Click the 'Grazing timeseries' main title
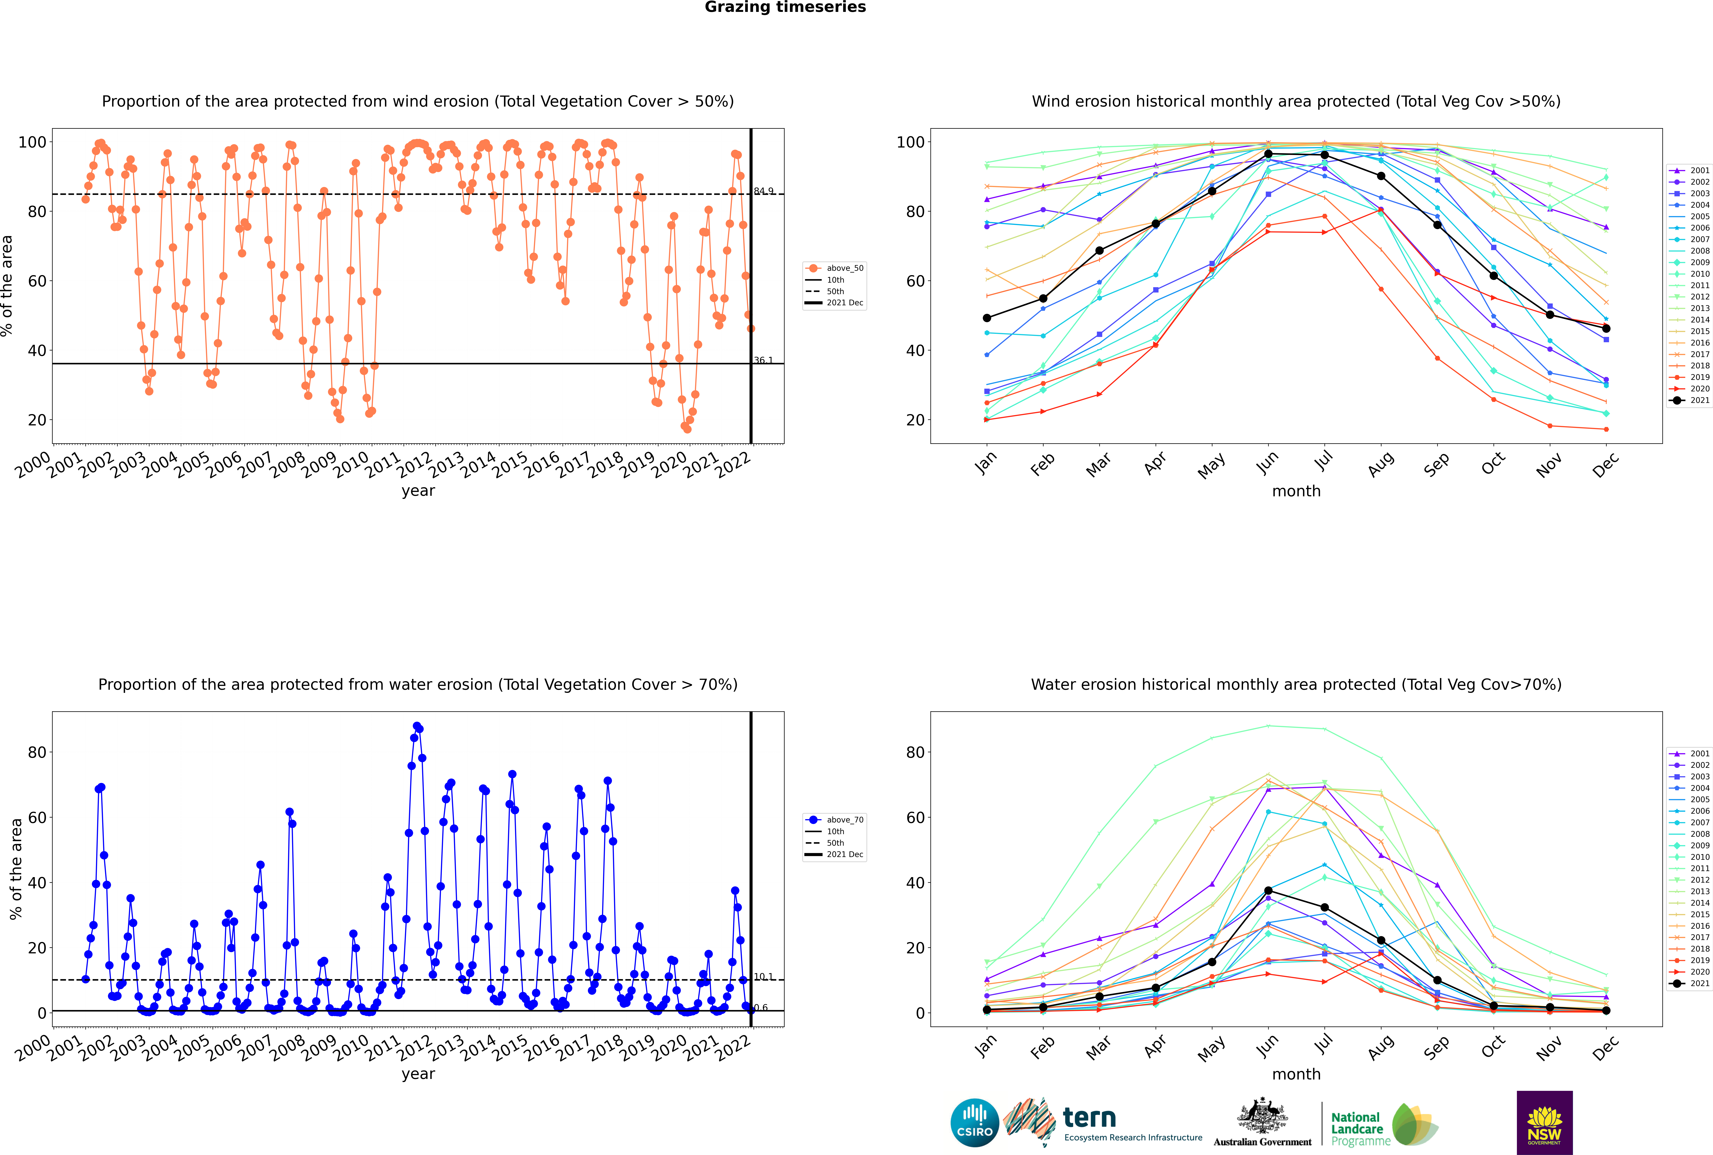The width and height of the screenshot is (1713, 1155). click(785, 7)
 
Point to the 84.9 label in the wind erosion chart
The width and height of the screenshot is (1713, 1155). click(764, 192)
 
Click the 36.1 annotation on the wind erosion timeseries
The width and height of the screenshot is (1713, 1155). click(764, 360)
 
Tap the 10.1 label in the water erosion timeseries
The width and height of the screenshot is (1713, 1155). click(764, 977)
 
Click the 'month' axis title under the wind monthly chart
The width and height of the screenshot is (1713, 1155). click(1296, 491)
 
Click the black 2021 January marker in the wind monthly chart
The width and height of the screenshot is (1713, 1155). click(987, 318)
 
